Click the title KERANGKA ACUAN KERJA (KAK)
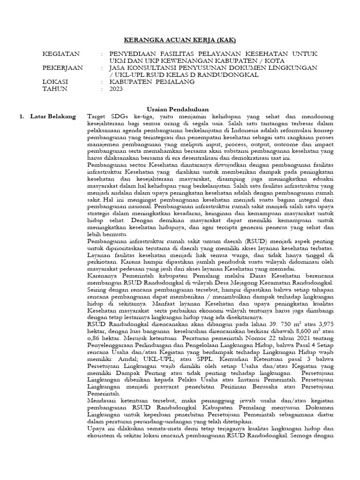[180, 41]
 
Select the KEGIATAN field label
[61, 54]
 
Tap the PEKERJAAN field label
[63, 68]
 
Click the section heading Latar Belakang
[52, 116]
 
